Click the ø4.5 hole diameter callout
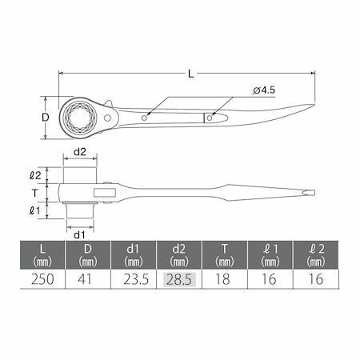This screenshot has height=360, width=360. click(x=264, y=90)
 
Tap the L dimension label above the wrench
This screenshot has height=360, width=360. click(x=191, y=74)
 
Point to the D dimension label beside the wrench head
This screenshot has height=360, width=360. click(x=46, y=117)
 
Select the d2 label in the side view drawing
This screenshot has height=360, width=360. click(x=80, y=152)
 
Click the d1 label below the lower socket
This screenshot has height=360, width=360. click(x=79, y=235)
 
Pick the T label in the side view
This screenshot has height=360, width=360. click(x=35, y=193)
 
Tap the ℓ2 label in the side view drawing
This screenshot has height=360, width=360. click(x=35, y=175)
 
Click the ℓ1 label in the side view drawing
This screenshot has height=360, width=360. click(x=34, y=210)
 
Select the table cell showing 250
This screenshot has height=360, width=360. click(x=42, y=279)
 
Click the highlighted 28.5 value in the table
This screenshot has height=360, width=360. click(x=179, y=279)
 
